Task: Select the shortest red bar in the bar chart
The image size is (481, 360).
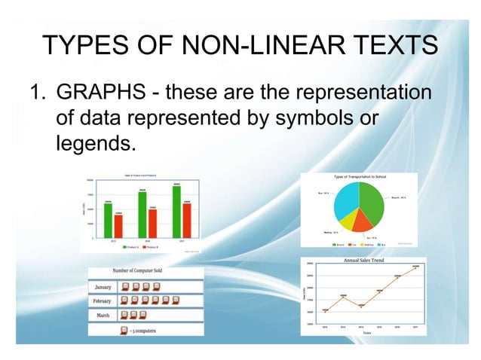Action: (x=118, y=225)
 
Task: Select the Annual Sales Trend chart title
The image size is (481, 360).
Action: (x=363, y=261)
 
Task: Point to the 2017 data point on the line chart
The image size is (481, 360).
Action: (x=415, y=267)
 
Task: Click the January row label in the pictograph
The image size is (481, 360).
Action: (x=103, y=287)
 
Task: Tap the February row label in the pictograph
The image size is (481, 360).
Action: (x=103, y=301)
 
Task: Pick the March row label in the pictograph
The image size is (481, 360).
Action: (x=103, y=315)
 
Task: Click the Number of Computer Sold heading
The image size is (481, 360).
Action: (x=146, y=271)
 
